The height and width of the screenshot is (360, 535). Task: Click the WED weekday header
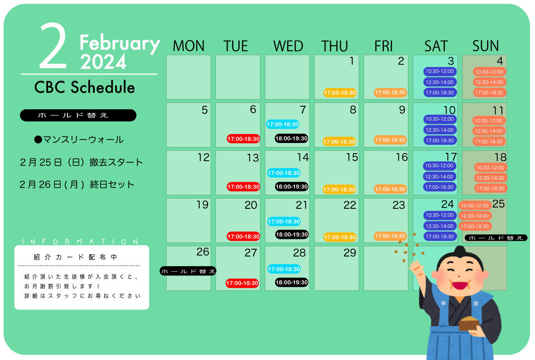288,46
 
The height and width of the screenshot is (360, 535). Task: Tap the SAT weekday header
436,46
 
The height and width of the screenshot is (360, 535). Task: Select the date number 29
350,253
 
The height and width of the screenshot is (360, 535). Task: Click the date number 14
303,157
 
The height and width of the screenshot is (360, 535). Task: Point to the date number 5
205,110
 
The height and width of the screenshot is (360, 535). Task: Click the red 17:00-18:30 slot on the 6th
243,139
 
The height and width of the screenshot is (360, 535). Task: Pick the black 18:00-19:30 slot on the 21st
292,234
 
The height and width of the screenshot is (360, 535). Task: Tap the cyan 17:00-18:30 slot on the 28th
284,269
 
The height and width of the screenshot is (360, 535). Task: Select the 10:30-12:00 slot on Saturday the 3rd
440,71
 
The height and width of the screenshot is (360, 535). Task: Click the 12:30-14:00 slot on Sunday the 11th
489,131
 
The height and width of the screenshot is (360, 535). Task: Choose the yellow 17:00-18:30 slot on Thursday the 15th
339,190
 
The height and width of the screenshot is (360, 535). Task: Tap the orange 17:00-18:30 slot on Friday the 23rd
390,236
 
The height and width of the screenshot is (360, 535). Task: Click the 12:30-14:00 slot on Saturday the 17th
439,177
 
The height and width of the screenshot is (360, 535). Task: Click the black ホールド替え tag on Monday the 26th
188,271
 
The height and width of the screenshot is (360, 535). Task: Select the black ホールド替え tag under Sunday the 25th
496,238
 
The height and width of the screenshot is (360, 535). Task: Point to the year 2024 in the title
103,62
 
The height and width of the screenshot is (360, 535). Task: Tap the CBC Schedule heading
85,87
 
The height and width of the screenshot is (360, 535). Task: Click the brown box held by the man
469,324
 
